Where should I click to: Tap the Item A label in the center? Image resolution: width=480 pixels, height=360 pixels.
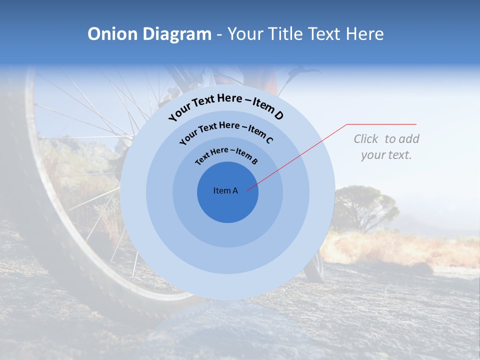[x=225, y=190]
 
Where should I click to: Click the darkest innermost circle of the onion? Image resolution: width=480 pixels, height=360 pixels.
[x=227, y=205]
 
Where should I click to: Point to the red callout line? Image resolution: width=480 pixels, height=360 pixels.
[x=300, y=155]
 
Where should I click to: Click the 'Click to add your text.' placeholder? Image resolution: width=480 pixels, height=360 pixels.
[x=386, y=147]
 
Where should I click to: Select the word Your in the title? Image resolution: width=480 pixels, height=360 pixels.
[x=247, y=34]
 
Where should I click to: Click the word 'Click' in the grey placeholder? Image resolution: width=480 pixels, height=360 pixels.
[x=367, y=139]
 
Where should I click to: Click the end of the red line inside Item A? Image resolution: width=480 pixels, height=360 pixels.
[x=247, y=190]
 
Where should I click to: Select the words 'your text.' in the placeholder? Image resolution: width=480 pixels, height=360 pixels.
[x=386, y=155]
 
